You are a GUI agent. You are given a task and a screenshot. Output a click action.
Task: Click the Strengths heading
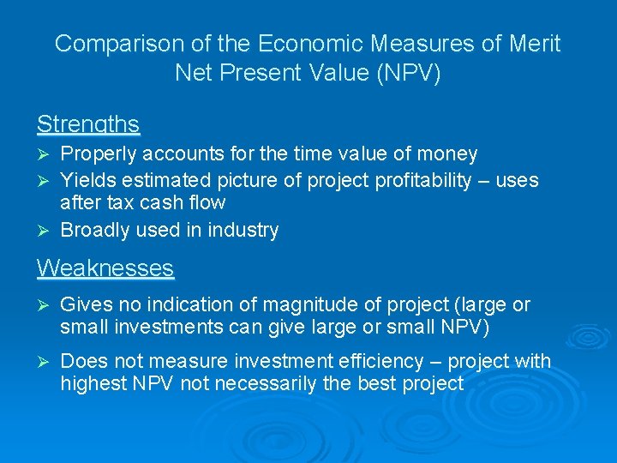point(88,124)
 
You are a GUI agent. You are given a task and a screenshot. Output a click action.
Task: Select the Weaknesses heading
point(105,268)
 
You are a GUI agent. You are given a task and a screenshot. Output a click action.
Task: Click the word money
point(448,154)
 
